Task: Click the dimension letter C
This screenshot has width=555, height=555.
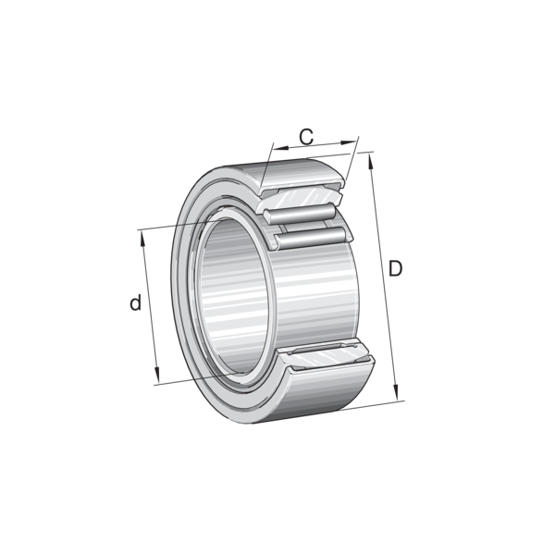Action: point(306,137)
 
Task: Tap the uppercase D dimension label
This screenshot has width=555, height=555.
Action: point(395,268)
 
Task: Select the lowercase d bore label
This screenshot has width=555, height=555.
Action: point(136,302)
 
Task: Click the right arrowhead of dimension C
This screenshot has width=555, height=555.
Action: point(348,142)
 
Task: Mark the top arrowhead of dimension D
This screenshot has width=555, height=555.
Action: point(371,161)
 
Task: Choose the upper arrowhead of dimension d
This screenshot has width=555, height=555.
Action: point(143,239)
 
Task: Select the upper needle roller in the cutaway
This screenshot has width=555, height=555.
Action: point(299,214)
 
